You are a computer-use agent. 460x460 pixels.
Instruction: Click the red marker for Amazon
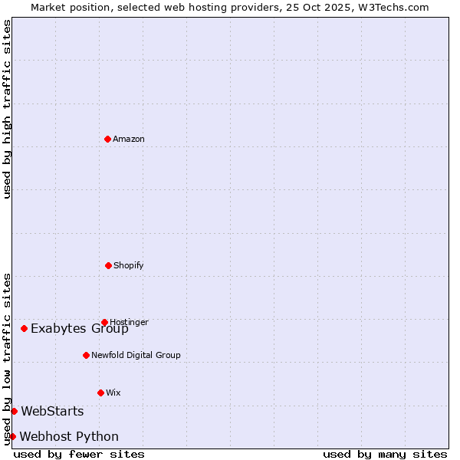107,139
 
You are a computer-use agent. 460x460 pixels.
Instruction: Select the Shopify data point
108,265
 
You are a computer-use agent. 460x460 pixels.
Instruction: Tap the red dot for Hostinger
104,322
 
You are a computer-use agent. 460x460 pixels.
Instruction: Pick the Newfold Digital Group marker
86,355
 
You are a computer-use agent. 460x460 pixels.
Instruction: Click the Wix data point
100,393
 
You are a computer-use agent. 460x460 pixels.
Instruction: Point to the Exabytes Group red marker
24,328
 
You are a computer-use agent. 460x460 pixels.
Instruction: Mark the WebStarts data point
14,411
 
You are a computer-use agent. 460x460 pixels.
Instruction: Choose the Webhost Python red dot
12,436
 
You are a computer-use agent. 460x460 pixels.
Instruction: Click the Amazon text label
129,139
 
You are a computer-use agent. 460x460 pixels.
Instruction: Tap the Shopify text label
129,265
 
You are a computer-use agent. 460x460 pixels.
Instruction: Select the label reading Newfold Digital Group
136,355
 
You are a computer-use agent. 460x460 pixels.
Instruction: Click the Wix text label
113,393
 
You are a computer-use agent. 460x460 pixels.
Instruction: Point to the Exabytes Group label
80,329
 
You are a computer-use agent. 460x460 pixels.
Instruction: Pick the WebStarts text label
52,412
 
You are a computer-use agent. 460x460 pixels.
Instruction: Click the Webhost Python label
69,437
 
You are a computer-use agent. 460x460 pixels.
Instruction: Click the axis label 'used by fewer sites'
79,454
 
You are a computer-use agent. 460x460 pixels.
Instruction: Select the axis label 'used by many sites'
385,454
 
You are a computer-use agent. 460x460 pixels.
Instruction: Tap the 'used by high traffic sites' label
7,109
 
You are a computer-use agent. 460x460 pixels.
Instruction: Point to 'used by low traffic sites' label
7,358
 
